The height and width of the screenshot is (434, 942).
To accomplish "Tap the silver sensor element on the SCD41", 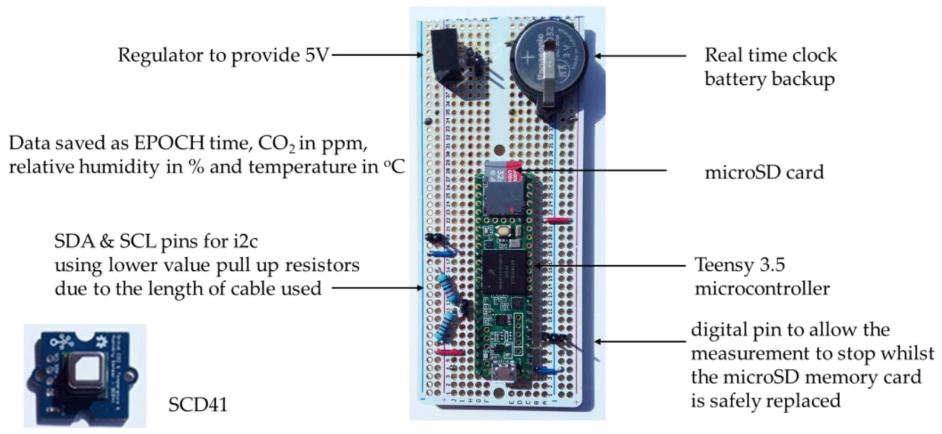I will [85, 371].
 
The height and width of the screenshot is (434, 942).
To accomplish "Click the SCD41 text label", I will [198, 405].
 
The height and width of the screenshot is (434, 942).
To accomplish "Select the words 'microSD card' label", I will [764, 173].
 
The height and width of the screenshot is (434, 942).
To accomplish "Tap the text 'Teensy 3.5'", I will [740, 264].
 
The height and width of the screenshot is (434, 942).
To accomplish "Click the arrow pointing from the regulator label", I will [377, 55].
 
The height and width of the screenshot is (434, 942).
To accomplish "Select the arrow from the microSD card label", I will [593, 171].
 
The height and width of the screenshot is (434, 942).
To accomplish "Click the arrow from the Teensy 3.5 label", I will [611, 265].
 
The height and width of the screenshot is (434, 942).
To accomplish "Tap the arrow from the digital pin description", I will [641, 342].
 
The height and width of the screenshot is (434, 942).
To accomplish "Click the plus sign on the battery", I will [527, 58].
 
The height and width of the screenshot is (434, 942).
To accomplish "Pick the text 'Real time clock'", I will [770, 55].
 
